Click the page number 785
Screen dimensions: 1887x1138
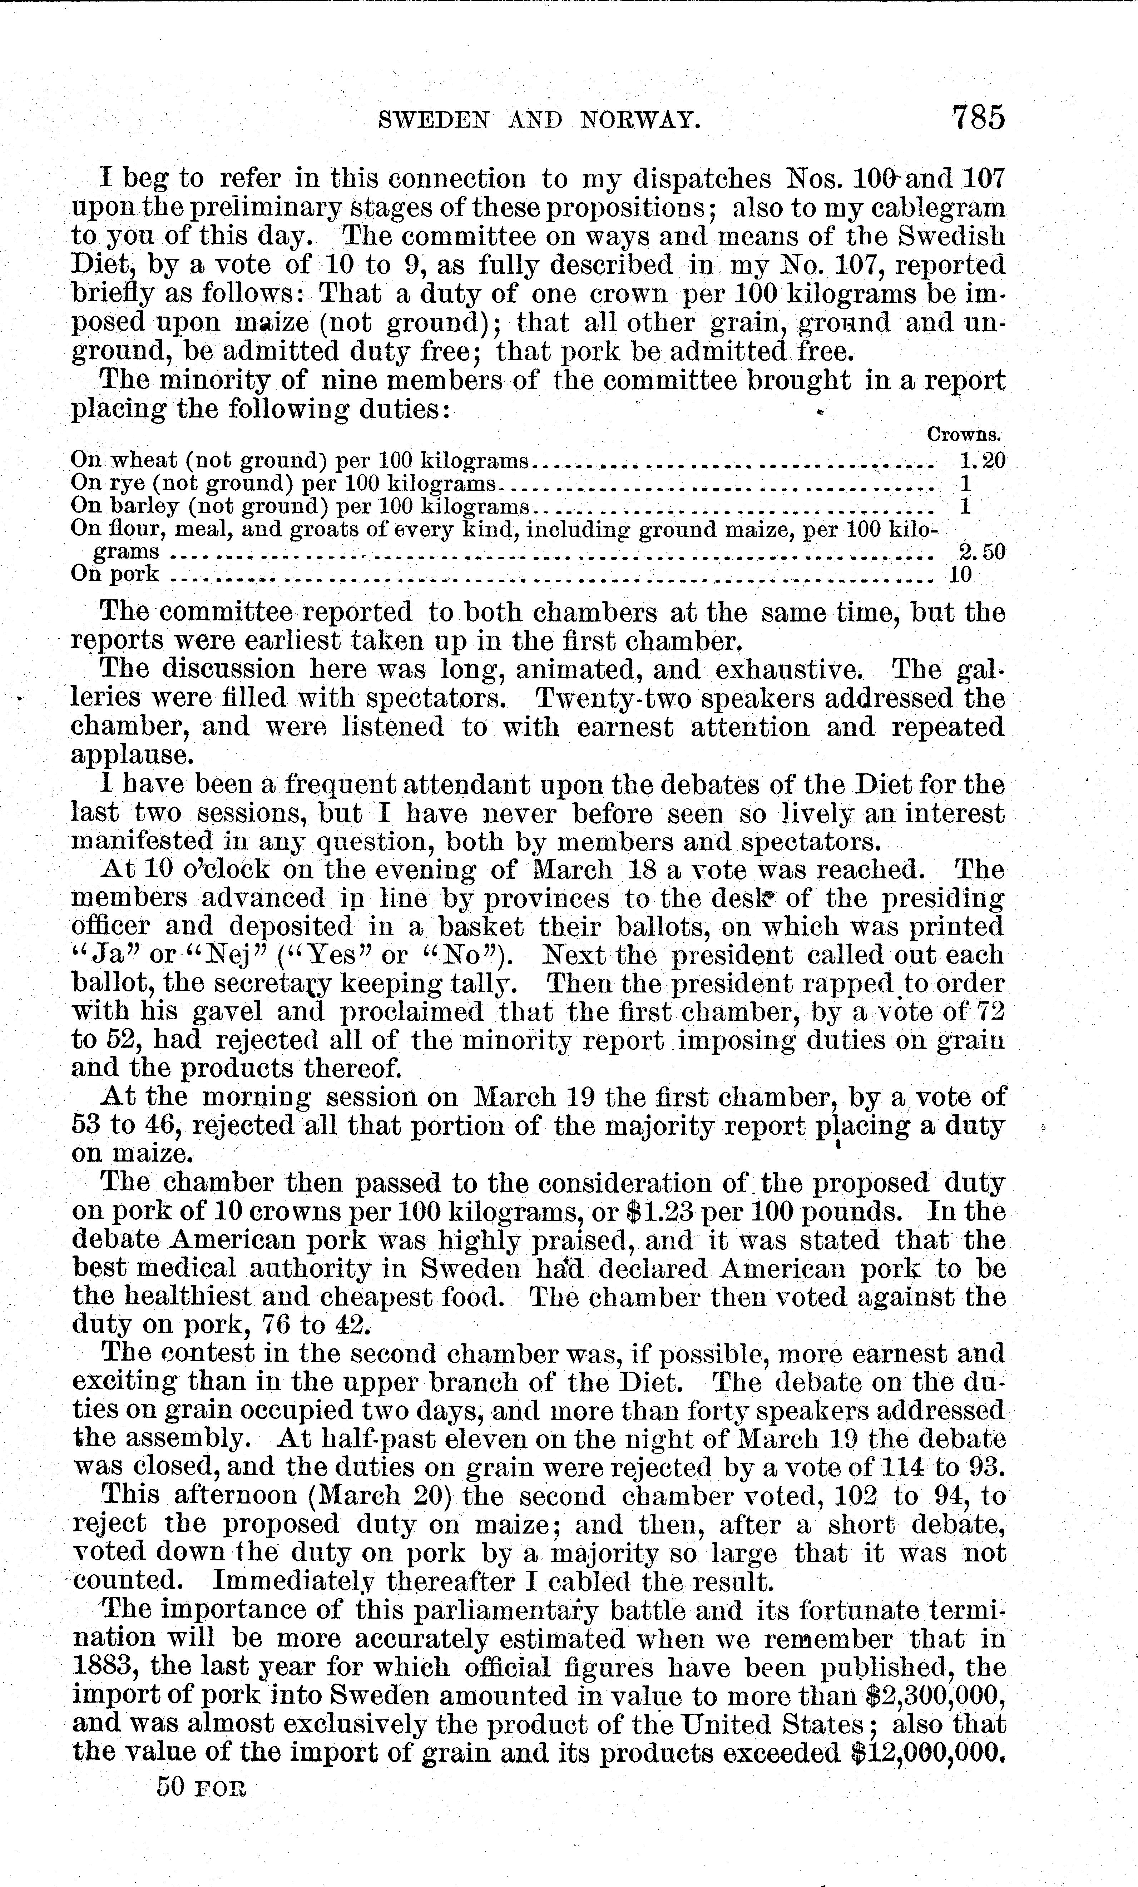977,119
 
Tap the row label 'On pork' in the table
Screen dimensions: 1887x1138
115,574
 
